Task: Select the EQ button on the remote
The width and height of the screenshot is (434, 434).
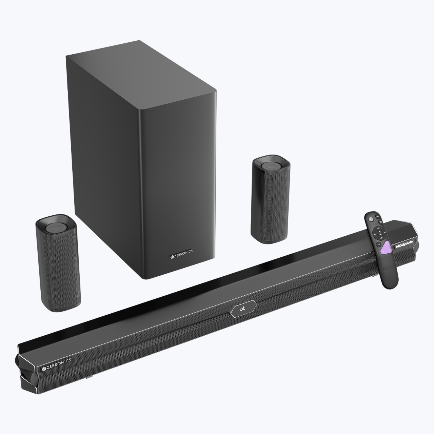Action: (x=379, y=244)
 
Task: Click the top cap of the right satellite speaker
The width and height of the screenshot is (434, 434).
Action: (x=270, y=168)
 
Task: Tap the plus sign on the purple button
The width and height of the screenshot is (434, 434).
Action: (x=390, y=250)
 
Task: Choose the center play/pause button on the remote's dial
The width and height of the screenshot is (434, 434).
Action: (x=380, y=233)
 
